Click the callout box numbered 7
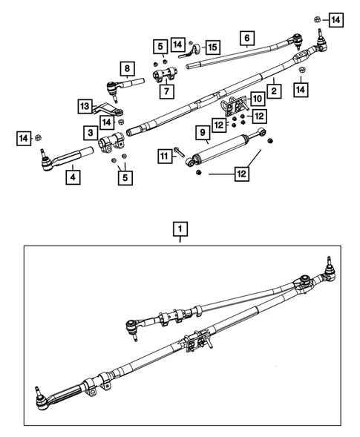(161, 91)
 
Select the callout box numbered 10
(257, 98)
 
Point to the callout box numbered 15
(212, 47)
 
